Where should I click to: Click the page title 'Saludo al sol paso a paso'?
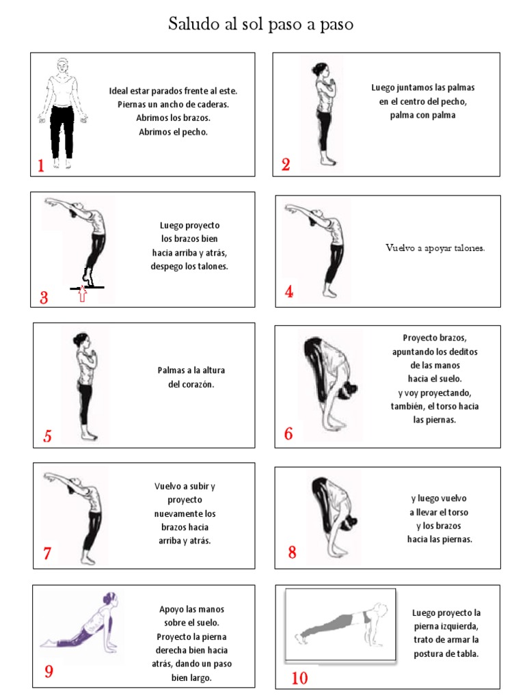click(x=261, y=25)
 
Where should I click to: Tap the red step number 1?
click(x=41, y=165)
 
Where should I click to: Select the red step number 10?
click(x=299, y=678)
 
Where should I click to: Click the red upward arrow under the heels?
click(x=83, y=295)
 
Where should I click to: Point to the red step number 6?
click(x=288, y=434)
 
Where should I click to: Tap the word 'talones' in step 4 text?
click(x=468, y=248)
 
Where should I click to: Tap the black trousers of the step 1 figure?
click(x=62, y=130)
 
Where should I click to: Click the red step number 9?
click(x=49, y=671)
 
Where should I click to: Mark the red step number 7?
click(x=47, y=554)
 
